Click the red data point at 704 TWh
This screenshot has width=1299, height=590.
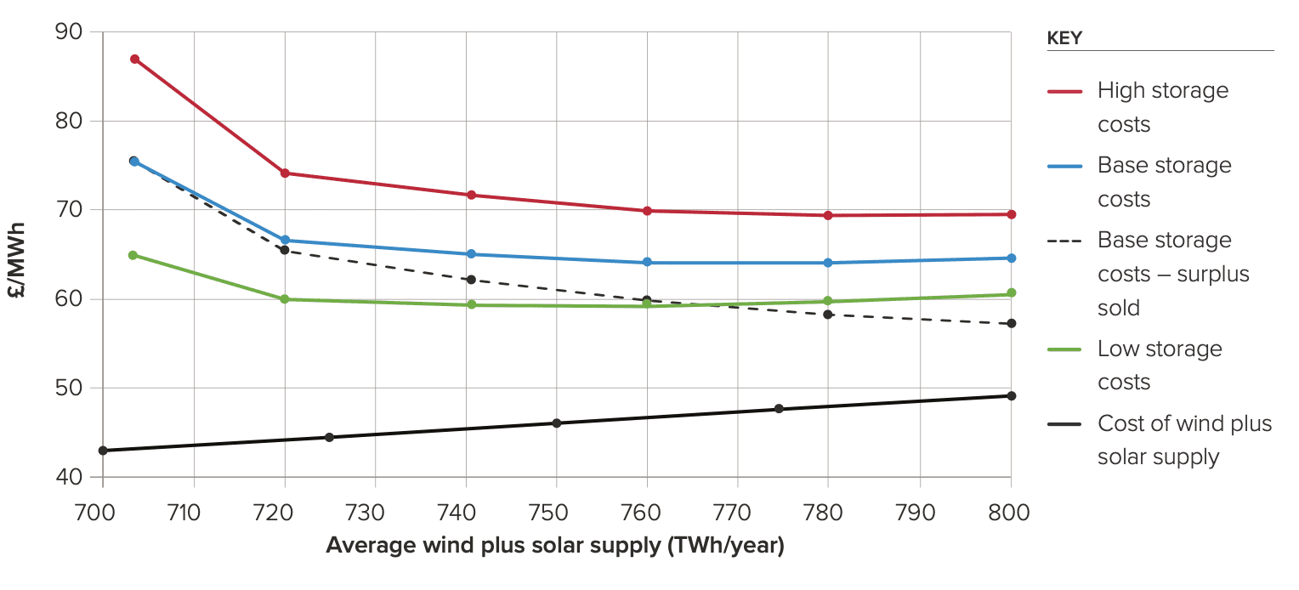134,60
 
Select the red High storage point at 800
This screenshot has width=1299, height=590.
1011,214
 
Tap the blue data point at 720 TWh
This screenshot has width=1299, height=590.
285,241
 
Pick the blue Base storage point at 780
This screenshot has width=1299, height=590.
828,263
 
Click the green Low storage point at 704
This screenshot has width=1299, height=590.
133,255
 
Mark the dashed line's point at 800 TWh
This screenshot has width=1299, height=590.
1011,323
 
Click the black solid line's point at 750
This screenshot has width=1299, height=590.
557,423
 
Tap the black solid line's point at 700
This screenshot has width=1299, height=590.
103,451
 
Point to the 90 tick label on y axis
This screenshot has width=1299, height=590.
67,32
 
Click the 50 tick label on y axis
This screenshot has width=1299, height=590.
67,389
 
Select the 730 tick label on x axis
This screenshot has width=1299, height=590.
375,513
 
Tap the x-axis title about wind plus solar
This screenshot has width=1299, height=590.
555,545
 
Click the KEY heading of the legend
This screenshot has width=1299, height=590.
1064,38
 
